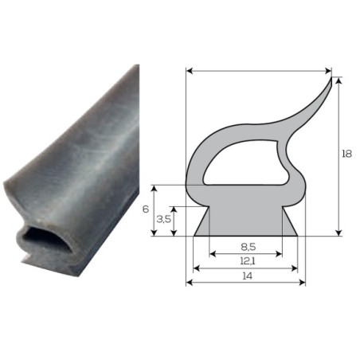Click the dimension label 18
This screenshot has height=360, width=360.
coord(346,154)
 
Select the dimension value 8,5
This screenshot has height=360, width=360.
coord(248,247)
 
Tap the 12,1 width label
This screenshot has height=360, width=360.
coord(248,261)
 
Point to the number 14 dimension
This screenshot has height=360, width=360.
coord(247,276)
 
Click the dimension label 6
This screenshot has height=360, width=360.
coord(146,209)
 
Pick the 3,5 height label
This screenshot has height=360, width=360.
coord(164,219)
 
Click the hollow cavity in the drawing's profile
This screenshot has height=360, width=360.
coord(245,162)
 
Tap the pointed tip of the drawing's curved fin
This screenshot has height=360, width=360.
coord(331,77)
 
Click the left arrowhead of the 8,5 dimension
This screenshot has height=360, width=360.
coord(212,254)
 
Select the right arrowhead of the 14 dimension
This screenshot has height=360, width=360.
coord(303,283)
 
